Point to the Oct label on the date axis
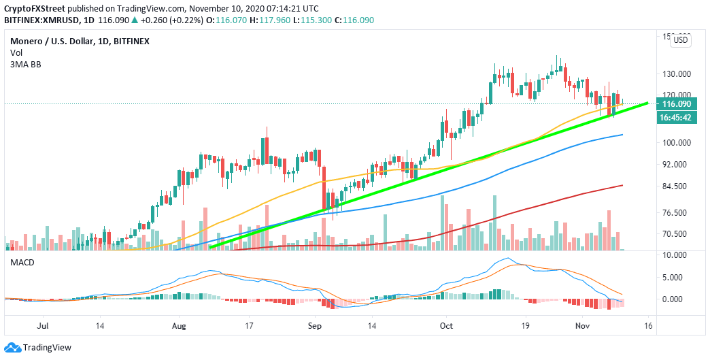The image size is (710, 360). [445, 327]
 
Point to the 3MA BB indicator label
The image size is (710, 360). [22, 63]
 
